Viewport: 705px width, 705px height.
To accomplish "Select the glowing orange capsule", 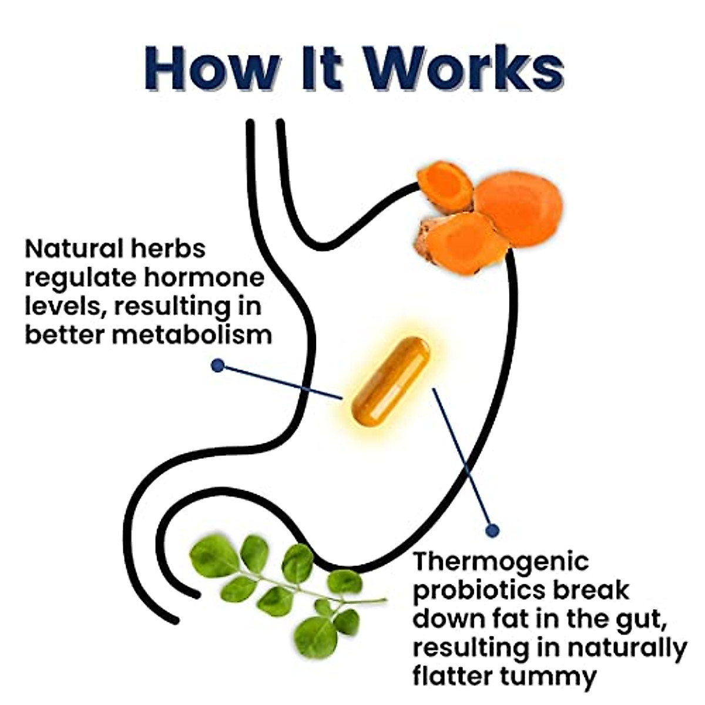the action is [391, 381].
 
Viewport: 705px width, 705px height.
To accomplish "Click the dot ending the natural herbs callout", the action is [218, 365].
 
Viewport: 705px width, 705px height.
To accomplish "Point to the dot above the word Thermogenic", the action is [492, 531].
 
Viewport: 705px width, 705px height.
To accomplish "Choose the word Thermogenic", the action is [501, 561].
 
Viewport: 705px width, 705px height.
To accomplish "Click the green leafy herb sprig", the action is [282, 587].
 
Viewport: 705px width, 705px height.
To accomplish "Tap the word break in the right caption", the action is [593, 590].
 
